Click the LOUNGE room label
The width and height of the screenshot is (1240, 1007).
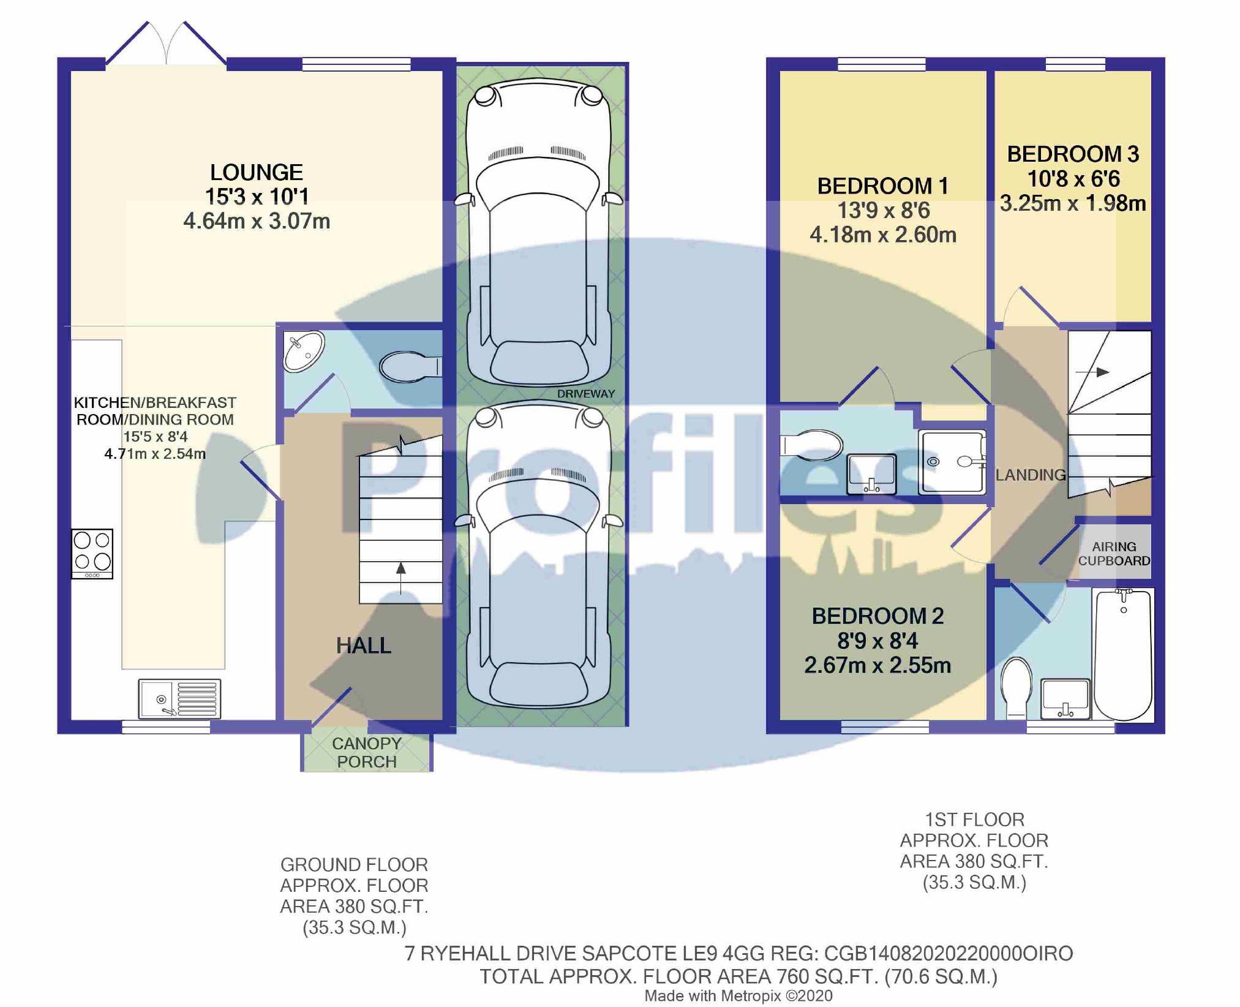point(256,172)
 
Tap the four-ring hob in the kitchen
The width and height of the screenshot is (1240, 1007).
point(92,554)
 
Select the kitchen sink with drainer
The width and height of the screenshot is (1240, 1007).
point(179,698)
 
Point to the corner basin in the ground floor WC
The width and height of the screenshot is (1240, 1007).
point(303,351)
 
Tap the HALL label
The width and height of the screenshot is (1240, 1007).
point(363,646)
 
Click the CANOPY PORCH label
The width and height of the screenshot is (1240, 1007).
point(367,752)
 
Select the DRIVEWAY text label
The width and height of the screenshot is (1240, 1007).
point(586,394)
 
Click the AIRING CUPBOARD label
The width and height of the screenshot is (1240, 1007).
point(1114,554)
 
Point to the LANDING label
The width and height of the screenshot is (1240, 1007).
point(1031,475)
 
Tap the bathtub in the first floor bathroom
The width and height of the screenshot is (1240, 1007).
point(1123,654)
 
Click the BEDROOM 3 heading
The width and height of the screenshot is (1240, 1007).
point(1073,154)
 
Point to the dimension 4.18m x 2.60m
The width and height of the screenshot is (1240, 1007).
point(883,235)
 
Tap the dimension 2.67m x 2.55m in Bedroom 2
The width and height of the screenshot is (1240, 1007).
point(877,665)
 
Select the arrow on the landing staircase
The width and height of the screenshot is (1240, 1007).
point(1092,372)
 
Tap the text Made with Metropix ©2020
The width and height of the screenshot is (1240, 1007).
point(738,996)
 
